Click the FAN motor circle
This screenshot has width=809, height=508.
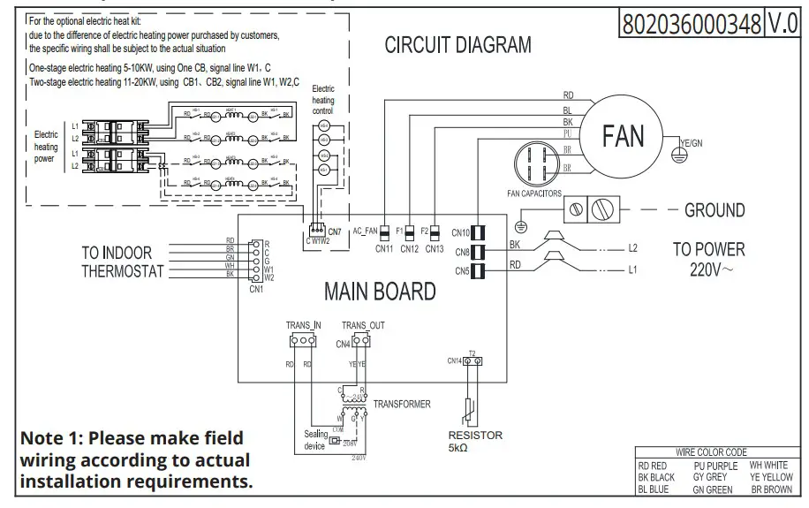(x=624, y=136)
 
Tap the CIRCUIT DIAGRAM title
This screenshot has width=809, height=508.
(x=457, y=45)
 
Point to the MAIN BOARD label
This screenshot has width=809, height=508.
(x=380, y=291)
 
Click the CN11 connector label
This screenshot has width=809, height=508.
(x=383, y=249)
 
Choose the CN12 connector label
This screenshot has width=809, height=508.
(x=409, y=249)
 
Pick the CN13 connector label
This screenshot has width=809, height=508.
(x=434, y=249)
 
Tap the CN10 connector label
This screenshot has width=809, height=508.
(x=460, y=233)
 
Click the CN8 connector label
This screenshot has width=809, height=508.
(x=462, y=253)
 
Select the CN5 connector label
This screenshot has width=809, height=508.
(x=462, y=271)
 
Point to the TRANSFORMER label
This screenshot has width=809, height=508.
(x=402, y=404)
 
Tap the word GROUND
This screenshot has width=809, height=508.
(x=714, y=210)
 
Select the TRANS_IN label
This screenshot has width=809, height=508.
(x=303, y=325)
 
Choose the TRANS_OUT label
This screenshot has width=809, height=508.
(x=363, y=325)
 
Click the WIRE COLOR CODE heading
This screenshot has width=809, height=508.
(x=711, y=452)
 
